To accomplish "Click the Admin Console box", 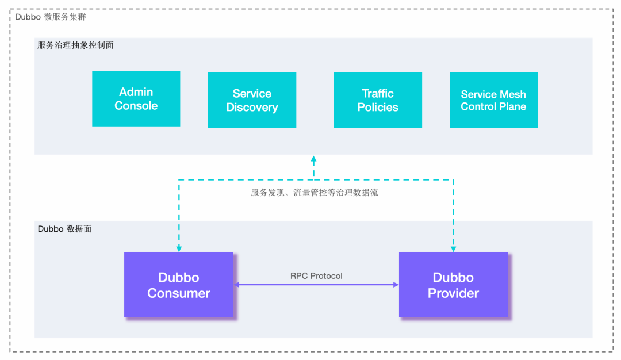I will coord(136,99).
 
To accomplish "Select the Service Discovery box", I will coord(252,100).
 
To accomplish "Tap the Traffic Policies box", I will coord(378,100).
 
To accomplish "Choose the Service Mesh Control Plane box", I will coord(493,100).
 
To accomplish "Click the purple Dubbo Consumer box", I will coord(179,285).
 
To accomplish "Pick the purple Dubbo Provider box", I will coord(453,285).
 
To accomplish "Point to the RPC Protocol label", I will coord(316,276).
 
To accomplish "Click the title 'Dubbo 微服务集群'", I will coord(51,17).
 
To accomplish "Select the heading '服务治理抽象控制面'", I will coord(75,45).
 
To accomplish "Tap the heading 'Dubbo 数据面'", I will coord(64,228).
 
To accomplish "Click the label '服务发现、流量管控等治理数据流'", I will coord(315,193).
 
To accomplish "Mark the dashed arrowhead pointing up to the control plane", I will coord(313,158).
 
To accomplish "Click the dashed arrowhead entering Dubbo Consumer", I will coord(179,249).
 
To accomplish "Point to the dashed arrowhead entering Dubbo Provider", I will coord(453,249).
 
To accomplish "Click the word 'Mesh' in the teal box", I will coord(513,94).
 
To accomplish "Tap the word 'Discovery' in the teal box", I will coord(252,108).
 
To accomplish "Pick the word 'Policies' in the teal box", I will coord(378,108).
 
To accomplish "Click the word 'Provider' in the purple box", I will coord(453,293).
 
